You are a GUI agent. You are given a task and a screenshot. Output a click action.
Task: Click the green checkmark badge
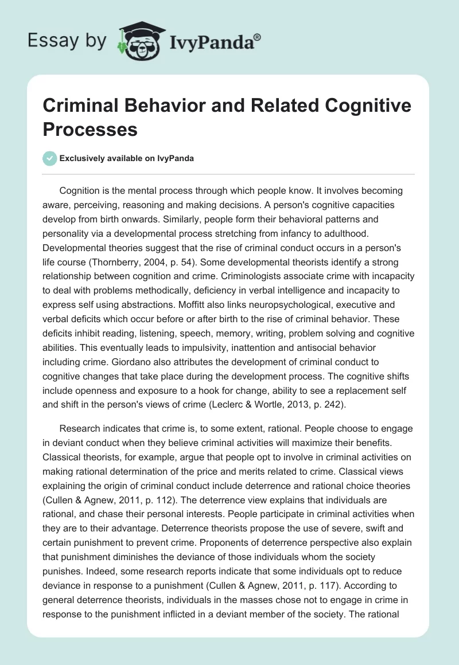click(50, 158)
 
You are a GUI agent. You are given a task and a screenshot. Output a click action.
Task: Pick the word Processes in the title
click(90, 129)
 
